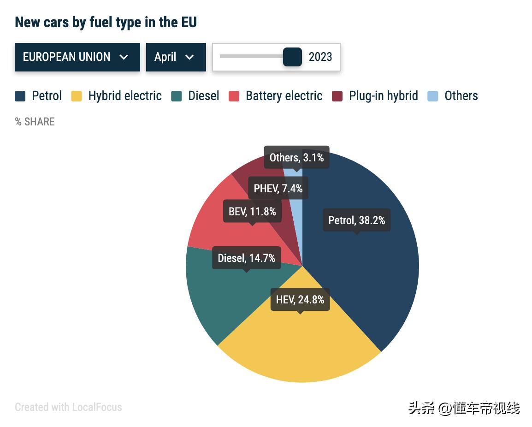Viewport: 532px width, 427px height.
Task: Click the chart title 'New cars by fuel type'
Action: pos(106,22)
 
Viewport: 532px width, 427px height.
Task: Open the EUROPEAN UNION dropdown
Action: pos(77,57)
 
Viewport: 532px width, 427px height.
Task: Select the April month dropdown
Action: pos(176,57)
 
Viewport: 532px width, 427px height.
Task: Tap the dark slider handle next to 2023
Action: pos(292,57)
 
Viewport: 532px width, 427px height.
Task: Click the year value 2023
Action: pos(320,57)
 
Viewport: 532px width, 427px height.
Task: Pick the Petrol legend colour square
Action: pos(20,96)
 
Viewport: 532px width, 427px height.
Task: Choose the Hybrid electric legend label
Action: pos(125,96)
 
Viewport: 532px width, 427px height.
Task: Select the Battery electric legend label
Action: pos(284,96)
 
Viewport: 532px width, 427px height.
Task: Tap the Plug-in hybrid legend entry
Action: pos(383,96)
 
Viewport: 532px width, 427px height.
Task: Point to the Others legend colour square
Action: pos(433,96)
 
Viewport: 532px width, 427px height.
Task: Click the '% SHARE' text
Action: pos(35,122)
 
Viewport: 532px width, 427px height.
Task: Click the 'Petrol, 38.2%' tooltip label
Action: pos(356,220)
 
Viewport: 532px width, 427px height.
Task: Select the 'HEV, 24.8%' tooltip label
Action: pos(300,300)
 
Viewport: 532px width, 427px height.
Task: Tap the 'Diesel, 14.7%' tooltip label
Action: pos(246,258)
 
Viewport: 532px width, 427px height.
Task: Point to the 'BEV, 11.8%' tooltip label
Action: pos(252,212)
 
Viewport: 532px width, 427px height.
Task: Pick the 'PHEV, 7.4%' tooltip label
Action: pos(278,188)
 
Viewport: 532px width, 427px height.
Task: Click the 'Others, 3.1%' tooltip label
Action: pos(296,158)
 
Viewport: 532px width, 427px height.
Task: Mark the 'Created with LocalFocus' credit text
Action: pos(68,407)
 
